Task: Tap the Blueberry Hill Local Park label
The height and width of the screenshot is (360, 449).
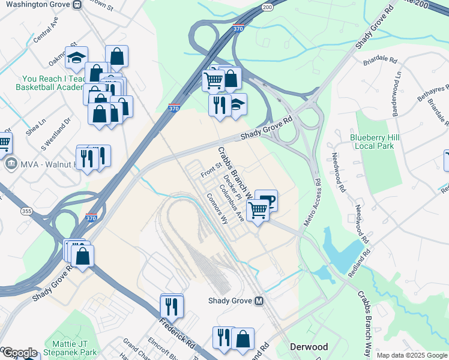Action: (x=375, y=142)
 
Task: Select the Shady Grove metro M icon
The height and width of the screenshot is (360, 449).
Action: (x=259, y=301)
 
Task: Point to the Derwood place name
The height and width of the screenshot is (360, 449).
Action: (x=309, y=347)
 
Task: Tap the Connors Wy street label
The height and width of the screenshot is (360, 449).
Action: (x=217, y=208)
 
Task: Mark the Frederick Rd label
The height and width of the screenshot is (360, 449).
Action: (x=178, y=335)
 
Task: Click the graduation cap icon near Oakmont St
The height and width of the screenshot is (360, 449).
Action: (x=76, y=58)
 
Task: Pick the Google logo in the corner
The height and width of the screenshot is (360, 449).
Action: (x=19, y=353)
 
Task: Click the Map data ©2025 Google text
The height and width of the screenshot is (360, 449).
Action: (x=412, y=355)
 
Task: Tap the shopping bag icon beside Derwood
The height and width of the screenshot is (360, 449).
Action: (x=243, y=338)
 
